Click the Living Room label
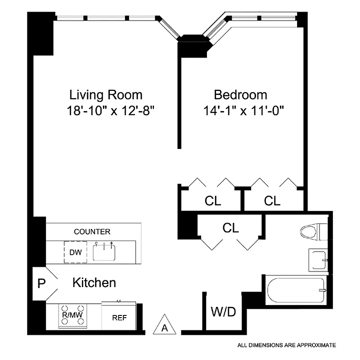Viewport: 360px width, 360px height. (x=106, y=95)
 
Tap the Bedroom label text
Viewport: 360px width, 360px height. (x=240, y=95)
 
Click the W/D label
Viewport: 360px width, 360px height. (x=223, y=312)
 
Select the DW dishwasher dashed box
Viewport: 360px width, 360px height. (x=75, y=252)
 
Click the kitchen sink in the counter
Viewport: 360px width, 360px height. (x=105, y=251)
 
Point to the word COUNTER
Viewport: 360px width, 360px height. (x=92, y=232)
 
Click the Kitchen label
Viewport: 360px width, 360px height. (x=94, y=283)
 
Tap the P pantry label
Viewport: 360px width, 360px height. (x=41, y=283)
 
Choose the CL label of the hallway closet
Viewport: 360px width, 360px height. (x=230, y=228)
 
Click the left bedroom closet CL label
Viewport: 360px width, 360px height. (x=212, y=201)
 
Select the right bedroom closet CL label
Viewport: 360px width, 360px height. (x=272, y=201)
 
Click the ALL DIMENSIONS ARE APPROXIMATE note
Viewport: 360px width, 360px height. (x=287, y=345)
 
